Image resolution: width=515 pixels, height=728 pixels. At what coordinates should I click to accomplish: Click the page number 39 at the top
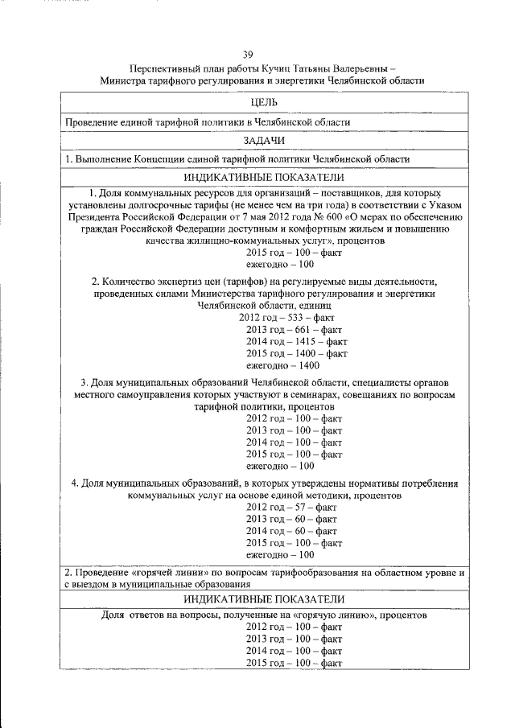tap(249, 55)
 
